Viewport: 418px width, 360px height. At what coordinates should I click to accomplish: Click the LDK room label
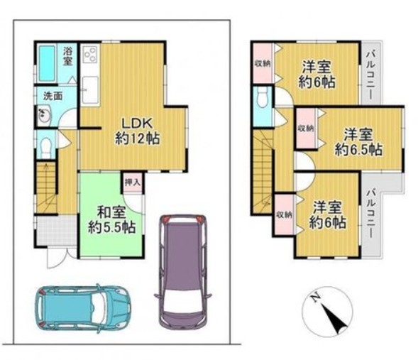(x=137, y=131)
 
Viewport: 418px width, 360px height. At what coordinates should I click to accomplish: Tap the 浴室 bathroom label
(x=67, y=56)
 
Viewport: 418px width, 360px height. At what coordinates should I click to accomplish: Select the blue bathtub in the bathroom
(x=47, y=63)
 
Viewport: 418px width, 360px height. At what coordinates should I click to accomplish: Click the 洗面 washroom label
(x=53, y=96)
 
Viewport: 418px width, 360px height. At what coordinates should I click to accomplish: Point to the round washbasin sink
(x=43, y=115)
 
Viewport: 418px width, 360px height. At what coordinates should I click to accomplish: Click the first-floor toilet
(x=47, y=148)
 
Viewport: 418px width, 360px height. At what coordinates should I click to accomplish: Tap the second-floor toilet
(x=263, y=97)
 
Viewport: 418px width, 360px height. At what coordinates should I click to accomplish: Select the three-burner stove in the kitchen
(x=91, y=53)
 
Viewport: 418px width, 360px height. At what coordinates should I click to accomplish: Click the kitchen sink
(x=90, y=90)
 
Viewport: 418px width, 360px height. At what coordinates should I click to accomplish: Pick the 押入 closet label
(x=133, y=182)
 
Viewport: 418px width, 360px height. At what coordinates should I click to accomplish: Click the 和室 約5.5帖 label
(x=111, y=220)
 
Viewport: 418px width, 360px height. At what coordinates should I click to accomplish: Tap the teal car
(x=83, y=308)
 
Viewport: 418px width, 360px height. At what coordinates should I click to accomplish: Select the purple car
(x=183, y=271)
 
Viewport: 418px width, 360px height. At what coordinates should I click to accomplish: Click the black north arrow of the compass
(x=334, y=319)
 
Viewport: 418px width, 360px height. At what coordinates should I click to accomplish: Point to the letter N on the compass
(x=316, y=297)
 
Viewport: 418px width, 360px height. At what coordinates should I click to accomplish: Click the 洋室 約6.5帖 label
(x=358, y=142)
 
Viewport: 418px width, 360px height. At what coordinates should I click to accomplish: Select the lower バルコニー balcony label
(x=370, y=213)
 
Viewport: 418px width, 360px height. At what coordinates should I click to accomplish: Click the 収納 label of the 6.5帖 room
(x=306, y=129)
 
